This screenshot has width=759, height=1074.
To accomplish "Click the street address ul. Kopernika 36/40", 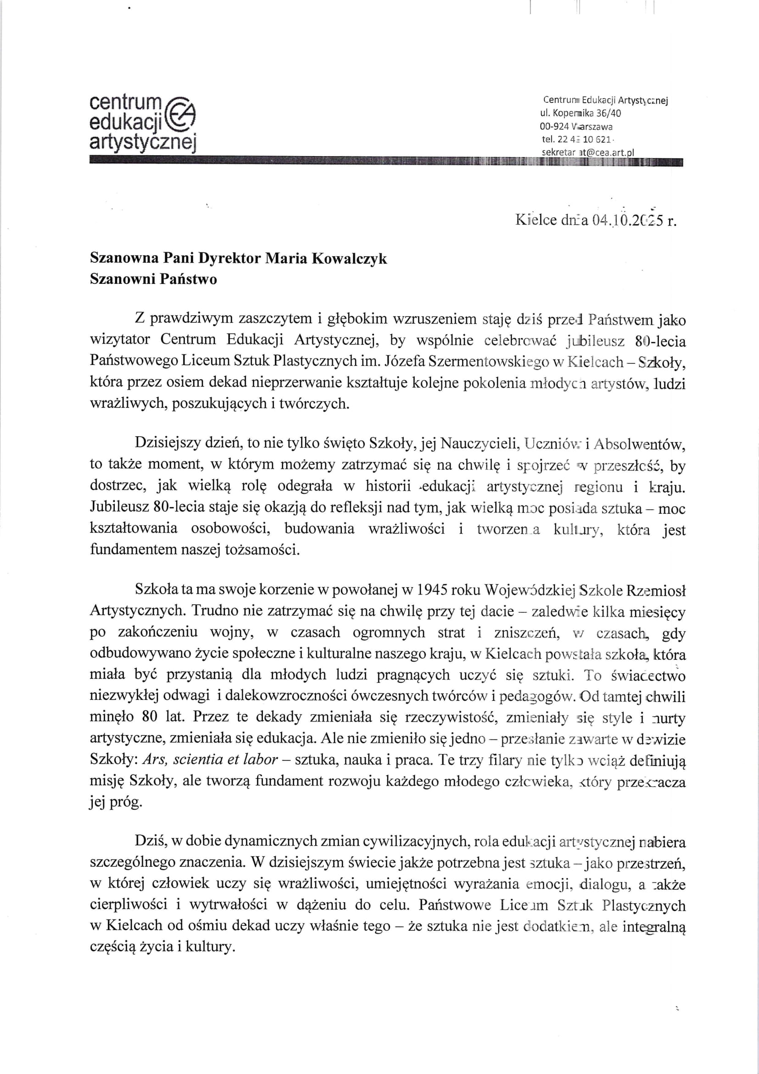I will pyautogui.click(x=581, y=113).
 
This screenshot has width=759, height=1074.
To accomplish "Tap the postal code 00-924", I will pyautogui.click(x=554, y=126).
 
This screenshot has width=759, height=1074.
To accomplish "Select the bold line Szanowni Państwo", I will pyautogui.click(x=153, y=279).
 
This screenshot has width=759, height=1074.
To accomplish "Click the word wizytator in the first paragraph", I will pyautogui.click(x=120, y=340).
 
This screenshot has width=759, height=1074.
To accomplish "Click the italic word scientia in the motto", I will pyautogui.click(x=199, y=759).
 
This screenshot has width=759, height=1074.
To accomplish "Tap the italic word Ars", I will pyautogui.click(x=152, y=759).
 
